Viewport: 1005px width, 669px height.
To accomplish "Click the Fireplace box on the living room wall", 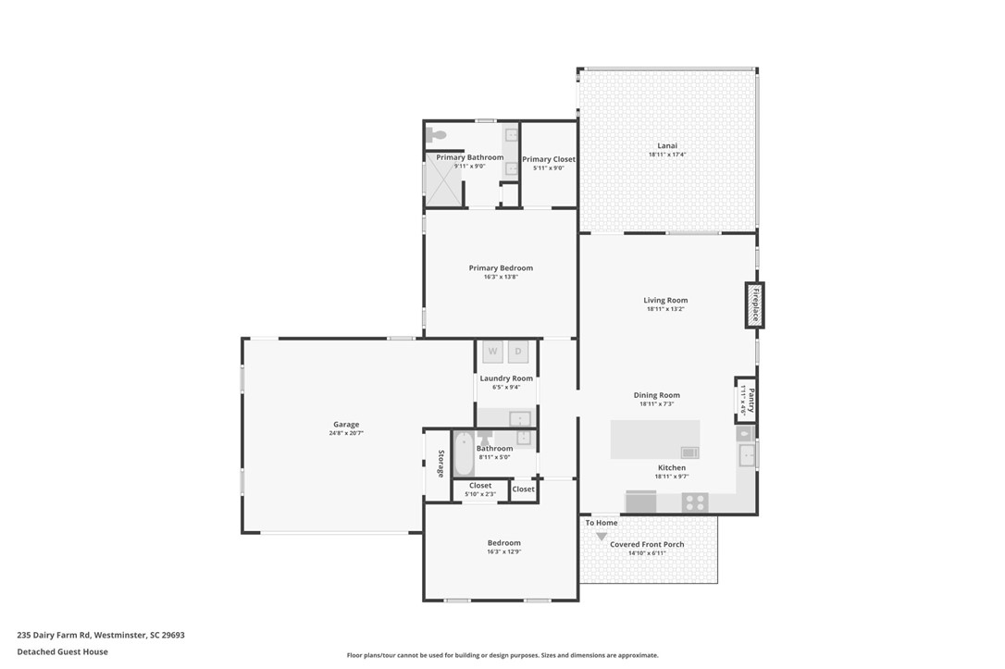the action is tap(754, 305).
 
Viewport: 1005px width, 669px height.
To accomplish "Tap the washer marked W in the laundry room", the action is tap(493, 352).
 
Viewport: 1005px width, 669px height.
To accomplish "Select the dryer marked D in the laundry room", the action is tap(518, 352).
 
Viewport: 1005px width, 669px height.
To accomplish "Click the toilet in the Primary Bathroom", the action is tap(437, 134).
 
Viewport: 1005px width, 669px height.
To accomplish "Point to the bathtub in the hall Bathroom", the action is tap(464, 453).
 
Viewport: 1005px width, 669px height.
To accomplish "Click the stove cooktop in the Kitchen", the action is tap(695, 502).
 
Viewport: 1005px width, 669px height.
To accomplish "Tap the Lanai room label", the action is tap(667, 145).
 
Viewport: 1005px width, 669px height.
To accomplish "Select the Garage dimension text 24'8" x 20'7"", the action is tap(346, 433).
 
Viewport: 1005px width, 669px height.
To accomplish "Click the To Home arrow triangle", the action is tap(602, 537).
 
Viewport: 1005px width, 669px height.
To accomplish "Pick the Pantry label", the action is tap(751, 401).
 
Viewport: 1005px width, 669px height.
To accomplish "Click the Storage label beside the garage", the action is tap(441, 464).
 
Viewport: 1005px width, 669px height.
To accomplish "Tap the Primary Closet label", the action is tap(549, 159).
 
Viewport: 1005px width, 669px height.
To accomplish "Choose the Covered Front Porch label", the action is tap(647, 544).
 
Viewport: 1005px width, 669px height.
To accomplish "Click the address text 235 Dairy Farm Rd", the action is tap(54, 635).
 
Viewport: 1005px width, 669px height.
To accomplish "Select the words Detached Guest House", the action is tap(62, 651).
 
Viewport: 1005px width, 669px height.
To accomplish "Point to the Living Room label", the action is tap(665, 300).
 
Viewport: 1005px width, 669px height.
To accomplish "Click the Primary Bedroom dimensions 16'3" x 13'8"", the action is tap(501, 277).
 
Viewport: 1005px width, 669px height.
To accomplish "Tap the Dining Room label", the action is tap(656, 395).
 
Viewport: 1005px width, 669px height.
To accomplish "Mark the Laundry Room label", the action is tap(506, 378).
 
